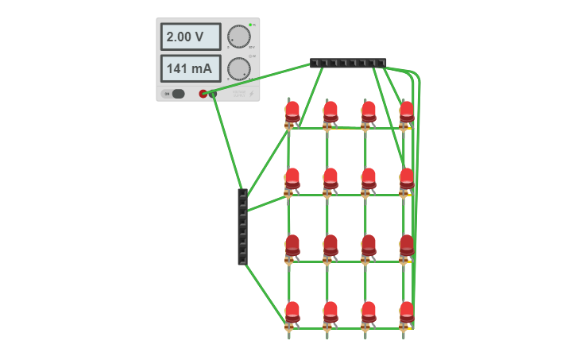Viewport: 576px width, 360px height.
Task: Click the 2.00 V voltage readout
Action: [x=191, y=37]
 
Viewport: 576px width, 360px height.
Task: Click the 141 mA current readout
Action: [x=191, y=68]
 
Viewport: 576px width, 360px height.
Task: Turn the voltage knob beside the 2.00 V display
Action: [x=238, y=37]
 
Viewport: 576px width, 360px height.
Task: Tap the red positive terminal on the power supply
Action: [x=203, y=94]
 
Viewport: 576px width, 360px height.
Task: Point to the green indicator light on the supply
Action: [x=250, y=25]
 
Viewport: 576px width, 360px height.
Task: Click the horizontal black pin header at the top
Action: [x=348, y=63]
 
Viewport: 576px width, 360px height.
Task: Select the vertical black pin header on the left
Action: [x=242, y=226]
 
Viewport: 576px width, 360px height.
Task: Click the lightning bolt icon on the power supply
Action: [x=252, y=94]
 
